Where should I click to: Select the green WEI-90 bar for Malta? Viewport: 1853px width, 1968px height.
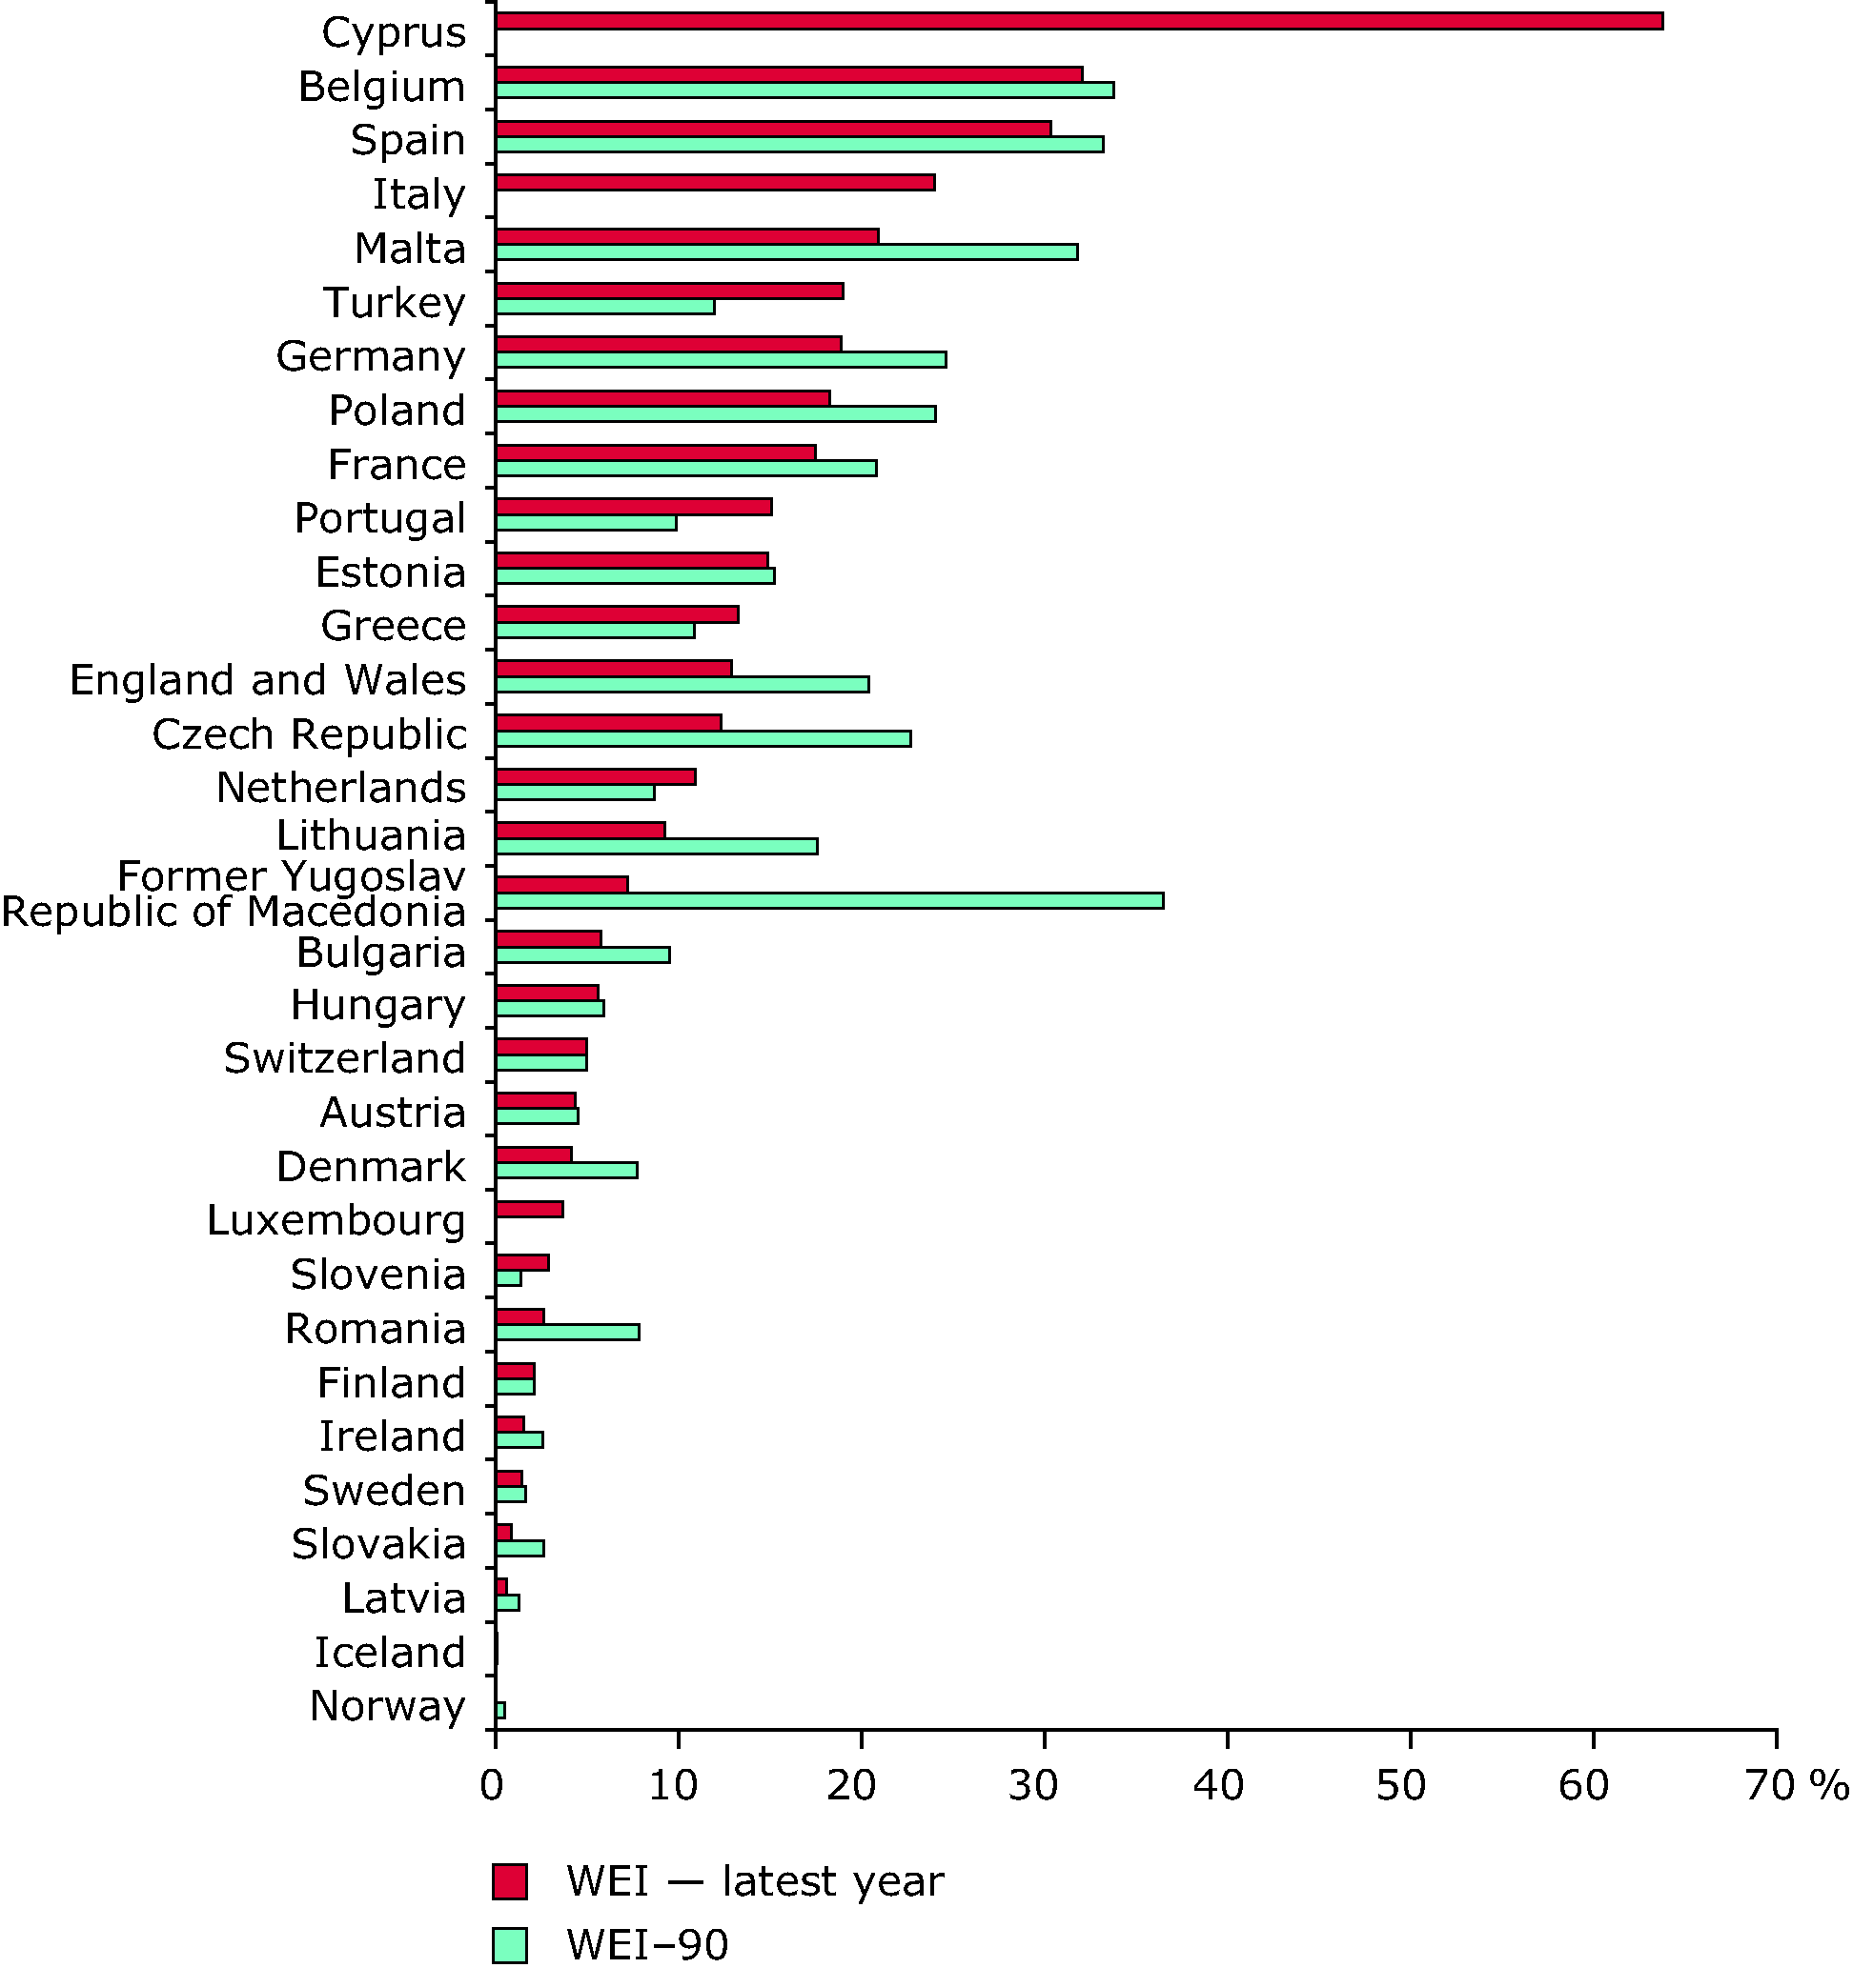(786, 252)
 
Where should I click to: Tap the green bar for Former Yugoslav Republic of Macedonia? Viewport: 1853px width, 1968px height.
(829, 901)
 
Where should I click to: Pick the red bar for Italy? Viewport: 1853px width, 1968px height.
(715, 183)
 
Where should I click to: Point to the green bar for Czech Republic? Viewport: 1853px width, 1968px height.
(703, 738)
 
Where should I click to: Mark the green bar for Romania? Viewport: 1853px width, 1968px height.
(567, 1333)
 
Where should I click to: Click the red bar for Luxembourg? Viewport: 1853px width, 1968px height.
(530, 1209)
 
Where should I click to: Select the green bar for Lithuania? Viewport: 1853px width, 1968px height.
(657, 847)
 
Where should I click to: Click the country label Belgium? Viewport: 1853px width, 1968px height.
(382, 87)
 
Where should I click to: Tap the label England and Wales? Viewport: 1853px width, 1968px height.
(269, 680)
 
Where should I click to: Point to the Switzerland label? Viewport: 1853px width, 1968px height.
(345, 1058)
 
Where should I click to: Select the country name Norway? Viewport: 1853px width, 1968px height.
(387, 1706)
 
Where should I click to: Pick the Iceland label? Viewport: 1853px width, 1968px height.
(390, 1652)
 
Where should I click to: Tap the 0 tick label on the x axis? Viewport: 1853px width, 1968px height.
(492, 1786)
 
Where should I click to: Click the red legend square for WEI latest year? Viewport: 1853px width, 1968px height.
(510, 1881)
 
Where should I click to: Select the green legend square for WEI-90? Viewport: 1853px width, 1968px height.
(510, 1944)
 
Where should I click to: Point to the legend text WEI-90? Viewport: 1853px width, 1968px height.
(648, 1945)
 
